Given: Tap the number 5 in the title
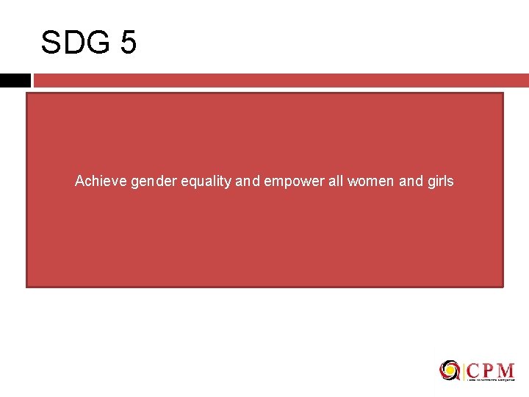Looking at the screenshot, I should click(127, 43).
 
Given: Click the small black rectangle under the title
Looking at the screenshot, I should click(15, 80).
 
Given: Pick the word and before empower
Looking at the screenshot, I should click(248, 181).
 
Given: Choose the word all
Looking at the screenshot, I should click(336, 181).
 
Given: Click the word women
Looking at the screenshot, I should click(370, 181).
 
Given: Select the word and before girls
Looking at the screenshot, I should click(410, 181).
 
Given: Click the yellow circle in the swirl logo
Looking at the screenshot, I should click(449, 370).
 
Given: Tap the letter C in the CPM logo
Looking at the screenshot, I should click(474, 369).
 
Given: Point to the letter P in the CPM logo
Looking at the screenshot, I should click(489, 369).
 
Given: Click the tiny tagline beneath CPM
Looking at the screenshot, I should click(490, 380).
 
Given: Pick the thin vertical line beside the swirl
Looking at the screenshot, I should click(464, 371).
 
